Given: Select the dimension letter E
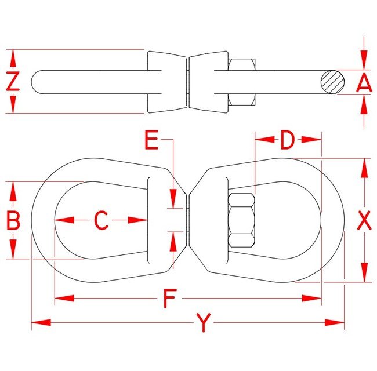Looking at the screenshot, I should [x=151, y=140].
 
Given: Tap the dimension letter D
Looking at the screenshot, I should [x=288, y=140].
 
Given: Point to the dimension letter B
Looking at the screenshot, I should [x=13, y=220].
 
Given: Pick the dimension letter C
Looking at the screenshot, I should [x=101, y=220].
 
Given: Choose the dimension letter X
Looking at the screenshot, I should [x=364, y=220].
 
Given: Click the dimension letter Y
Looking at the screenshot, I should [x=202, y=322].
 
